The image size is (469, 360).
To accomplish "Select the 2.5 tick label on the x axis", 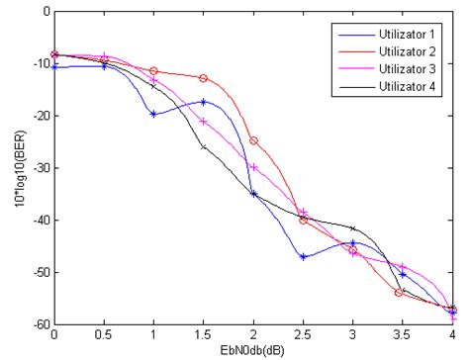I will tap(303, 335).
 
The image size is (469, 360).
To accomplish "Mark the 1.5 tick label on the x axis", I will tap(203, 335).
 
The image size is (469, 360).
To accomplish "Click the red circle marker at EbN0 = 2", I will tap(253, 140).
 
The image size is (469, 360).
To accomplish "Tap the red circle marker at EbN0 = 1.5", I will tap(203, 78).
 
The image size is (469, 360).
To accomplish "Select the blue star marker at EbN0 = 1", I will tap(153, 114).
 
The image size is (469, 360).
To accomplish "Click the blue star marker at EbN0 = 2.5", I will tap(303, 257).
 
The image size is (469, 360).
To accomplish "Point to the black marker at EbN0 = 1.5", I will tap(203, 146).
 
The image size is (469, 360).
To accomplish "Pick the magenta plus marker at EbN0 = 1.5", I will tap(203, 122).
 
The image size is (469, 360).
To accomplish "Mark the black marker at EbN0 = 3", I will tap(352, 228).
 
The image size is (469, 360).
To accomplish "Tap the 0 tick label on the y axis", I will tap(45, 12).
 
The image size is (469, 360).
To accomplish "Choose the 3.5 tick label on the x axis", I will tap(402, 335).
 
